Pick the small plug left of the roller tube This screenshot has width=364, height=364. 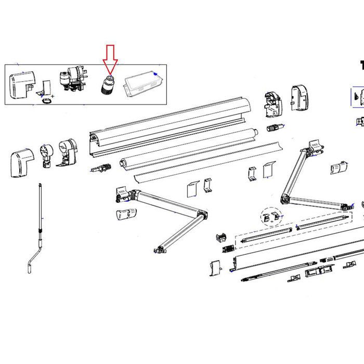point(102,168)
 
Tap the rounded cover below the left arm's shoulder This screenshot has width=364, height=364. point(126,214)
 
